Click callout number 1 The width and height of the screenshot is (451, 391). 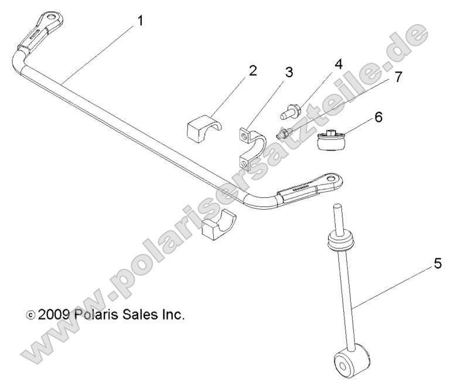tap(140, 21)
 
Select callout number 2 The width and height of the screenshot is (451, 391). tap(252, 71)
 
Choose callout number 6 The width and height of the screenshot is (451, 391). tap(378, 117)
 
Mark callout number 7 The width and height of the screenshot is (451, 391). tap(398, 77)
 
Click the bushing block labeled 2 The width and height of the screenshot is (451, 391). tap(203, 128)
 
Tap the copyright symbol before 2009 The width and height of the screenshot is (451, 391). tap(30, 315)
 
